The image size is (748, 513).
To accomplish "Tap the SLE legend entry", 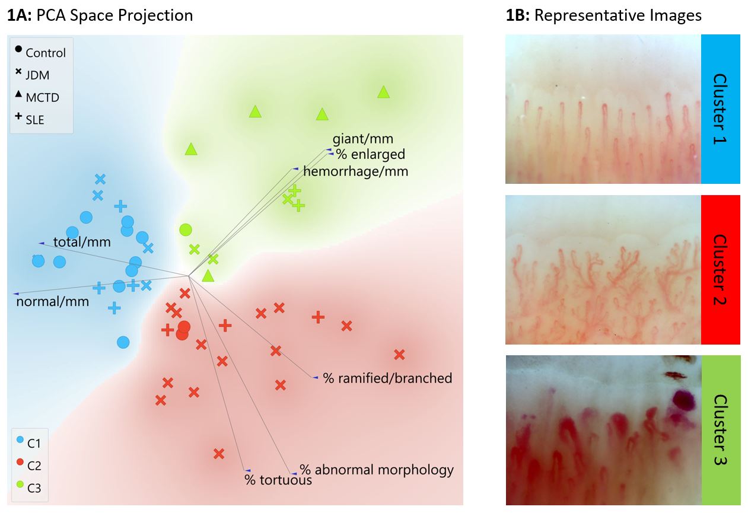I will pos(30,119).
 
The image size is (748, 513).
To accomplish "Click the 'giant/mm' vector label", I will pos(363,139).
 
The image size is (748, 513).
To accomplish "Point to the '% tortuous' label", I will pos(278,480).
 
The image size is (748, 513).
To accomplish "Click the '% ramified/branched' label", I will pos(387,378).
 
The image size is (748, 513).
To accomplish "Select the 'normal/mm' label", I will pos(53,301).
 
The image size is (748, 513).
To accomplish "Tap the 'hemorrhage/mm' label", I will pos(355,171).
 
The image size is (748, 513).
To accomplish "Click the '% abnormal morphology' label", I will pos(376,470).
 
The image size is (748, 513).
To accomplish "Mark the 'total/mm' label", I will pos(82,242).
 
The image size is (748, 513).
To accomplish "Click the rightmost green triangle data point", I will pos(384,92).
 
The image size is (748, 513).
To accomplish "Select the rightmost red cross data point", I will pos(399,355).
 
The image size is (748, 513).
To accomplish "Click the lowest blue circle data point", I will pos(123,342).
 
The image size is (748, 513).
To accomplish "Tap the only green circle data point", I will pos(186,230).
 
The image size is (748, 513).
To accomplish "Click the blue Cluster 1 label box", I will pos(720,109).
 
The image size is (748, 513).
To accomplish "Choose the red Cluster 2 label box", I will pos(720,270).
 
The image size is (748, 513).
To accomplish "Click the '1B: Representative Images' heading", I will pos(603,15).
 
